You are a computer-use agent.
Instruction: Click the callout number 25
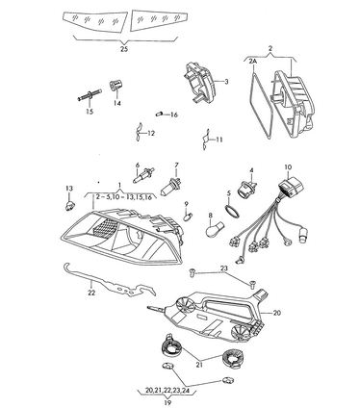click(x=124, y=49)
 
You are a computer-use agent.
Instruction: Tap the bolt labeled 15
click(x=90, y=95)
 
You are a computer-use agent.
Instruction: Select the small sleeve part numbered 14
click(x=116, y=85)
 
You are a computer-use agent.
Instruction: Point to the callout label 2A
click(x=252, y=62)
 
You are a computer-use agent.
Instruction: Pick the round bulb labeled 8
click(x=215, y=229)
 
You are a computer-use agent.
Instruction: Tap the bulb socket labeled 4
click(x=245, y=190)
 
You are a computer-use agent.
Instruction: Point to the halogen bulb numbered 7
click(x=170, y=188)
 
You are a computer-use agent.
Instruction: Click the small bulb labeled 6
click(x=142, y=175)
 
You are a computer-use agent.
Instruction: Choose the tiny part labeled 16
click(x=160, y=114)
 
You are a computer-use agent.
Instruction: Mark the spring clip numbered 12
click(x=139, y=132)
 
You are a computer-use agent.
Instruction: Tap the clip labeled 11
click(x=207, y=140)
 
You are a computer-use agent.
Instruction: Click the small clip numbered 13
click(x=69, y=205)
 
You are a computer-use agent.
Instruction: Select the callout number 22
click(x=91, y=293)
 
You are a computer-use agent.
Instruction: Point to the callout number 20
click(x=276, y=313)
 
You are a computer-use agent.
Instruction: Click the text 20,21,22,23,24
click(x=167, y=391)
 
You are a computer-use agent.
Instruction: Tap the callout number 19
click(x=167, y=402)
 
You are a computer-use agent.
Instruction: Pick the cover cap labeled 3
click(x=199, y=83)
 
